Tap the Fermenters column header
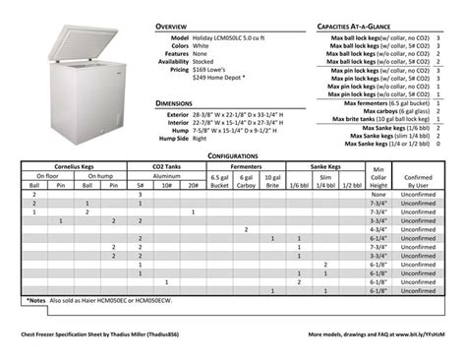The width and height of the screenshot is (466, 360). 245,168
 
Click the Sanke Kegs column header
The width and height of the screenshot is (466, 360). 324,168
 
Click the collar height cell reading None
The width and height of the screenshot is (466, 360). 377,194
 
